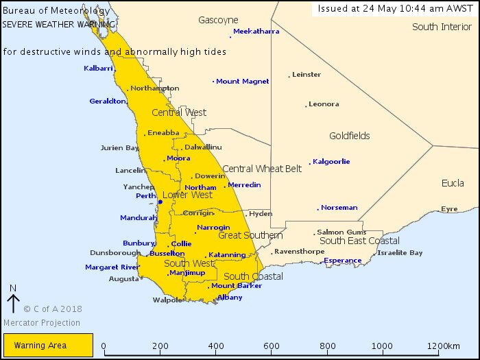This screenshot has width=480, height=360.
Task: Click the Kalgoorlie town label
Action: [x=331, y=162]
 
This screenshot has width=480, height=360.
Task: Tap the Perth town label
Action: [x=145, y=196]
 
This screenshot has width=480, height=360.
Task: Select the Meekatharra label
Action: [x=257, y=32]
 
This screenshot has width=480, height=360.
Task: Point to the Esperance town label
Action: [x=342, y=261]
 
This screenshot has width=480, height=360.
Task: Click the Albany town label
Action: [x=230, y=298]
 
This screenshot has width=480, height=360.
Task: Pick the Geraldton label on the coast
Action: [x=108, y=101]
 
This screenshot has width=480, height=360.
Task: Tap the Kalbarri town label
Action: [x=98, y=68]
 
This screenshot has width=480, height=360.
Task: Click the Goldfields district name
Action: [x=349, y=136]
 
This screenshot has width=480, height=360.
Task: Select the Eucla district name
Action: [x=452, y=184]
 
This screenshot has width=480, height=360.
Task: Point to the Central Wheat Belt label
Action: [x=262, y=169]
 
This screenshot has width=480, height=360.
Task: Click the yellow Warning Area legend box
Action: [x=47, y=345]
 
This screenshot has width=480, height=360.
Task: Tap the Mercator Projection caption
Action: [x=41, y=323]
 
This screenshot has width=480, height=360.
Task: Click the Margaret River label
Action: [x=112, y=267]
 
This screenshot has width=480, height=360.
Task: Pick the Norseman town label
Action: [x=339, y=208]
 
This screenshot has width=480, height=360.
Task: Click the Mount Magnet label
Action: [x=243, y=82]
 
